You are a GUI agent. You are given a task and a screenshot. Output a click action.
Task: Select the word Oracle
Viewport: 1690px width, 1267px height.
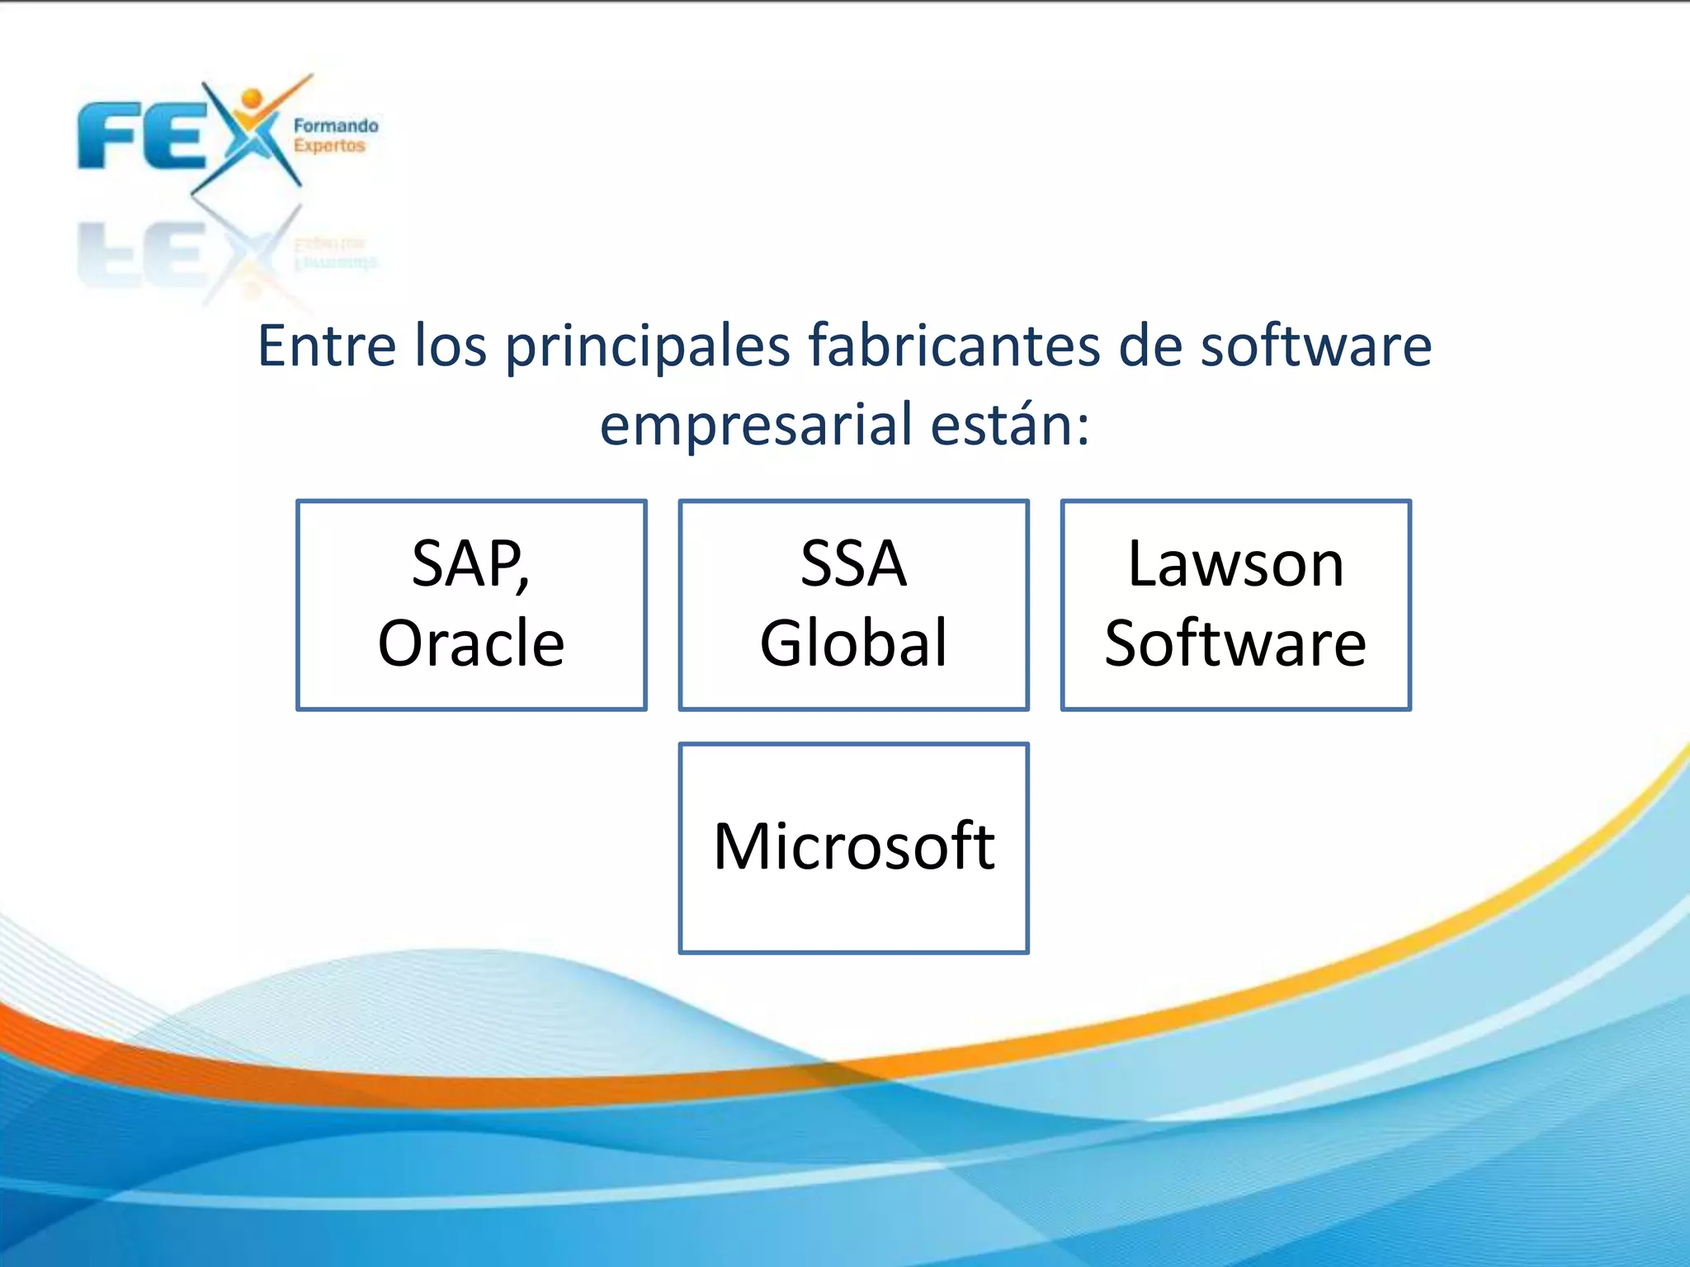[x=471, y=643]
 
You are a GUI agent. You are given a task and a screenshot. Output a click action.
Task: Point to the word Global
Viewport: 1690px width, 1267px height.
[x=854, y=643]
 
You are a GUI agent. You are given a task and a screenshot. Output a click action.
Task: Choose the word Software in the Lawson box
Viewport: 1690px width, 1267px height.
[x=1236, y=643]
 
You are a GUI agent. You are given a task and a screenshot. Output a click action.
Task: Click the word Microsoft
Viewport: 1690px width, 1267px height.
[x=854, y=846]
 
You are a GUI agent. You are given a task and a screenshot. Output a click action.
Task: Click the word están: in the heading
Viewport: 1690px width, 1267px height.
[x=1010, y=424]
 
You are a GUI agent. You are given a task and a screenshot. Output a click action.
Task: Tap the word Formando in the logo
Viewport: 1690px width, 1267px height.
[x=336, y=126]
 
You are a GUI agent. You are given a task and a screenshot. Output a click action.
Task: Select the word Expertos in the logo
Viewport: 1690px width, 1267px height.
[x=329, y=146]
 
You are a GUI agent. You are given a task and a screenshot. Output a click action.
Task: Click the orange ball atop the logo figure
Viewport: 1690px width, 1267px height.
[x=251, y=99]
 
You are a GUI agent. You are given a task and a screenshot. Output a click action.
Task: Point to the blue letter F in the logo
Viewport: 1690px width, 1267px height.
[x=106, y=136]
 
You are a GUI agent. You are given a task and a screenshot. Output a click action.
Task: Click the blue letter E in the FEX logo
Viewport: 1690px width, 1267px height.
[x=174, y=136]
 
